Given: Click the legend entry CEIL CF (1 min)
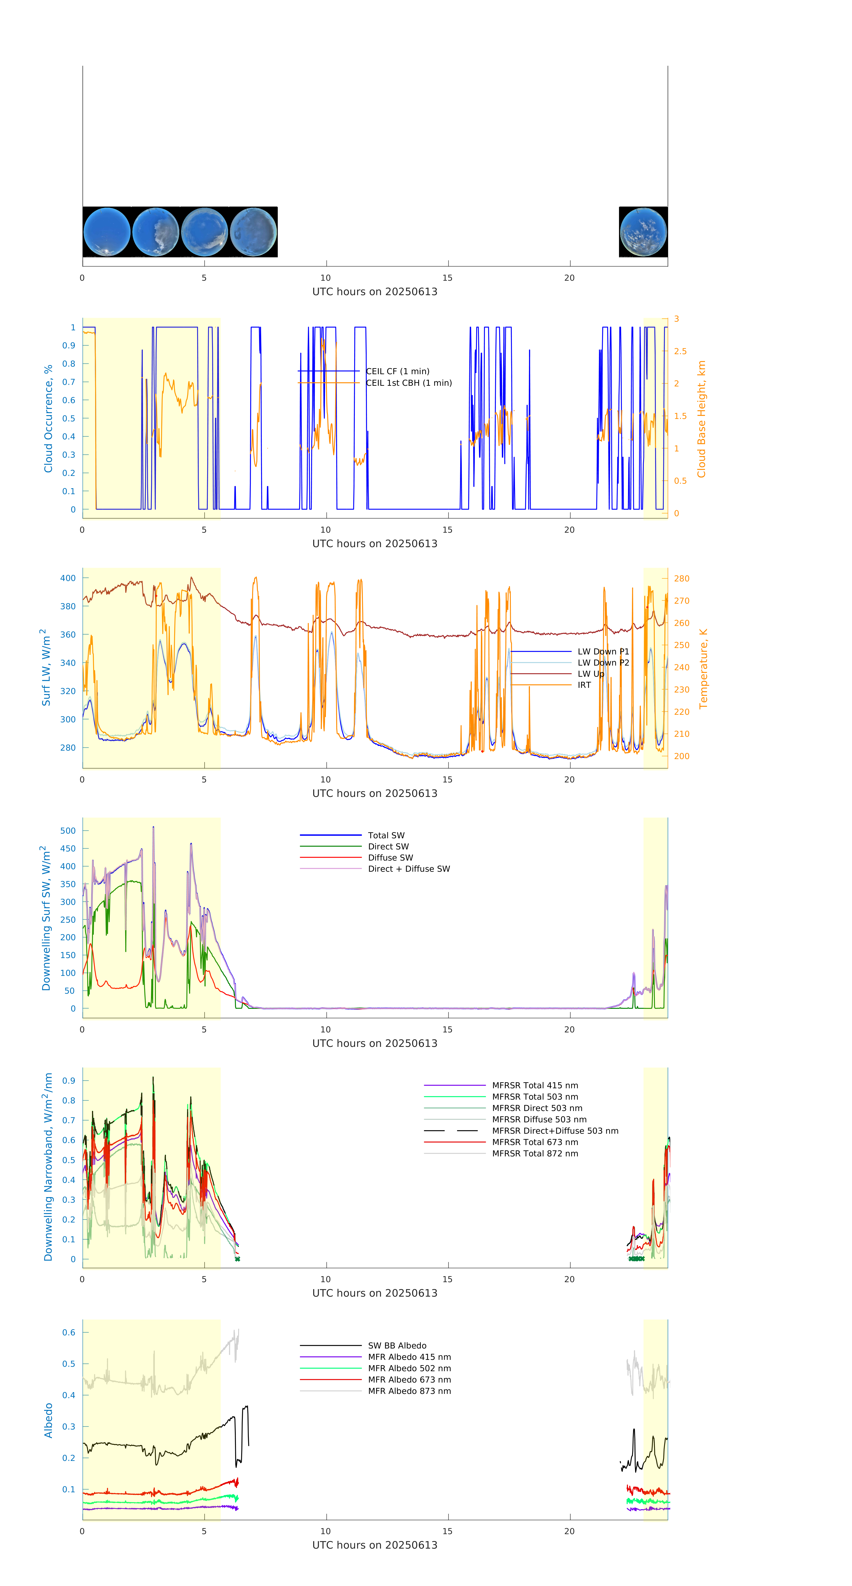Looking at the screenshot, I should coord(397,371).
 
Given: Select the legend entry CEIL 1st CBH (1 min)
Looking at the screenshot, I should coord(409,383).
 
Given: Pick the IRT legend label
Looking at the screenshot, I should coord(584,685).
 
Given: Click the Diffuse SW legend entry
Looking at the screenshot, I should coord(390,858).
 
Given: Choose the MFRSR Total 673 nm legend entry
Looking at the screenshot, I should coord(535,1142).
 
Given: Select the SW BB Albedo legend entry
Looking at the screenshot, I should coord(397,1345).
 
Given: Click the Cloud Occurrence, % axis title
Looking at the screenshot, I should coord(48,419).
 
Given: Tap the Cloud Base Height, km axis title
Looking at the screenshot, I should coord(701,419).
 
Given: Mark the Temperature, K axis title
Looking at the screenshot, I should coord(703,669).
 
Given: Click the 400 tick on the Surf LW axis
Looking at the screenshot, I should coord(68,578).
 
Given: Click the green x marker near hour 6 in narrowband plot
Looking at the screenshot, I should coord(237,1259).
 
